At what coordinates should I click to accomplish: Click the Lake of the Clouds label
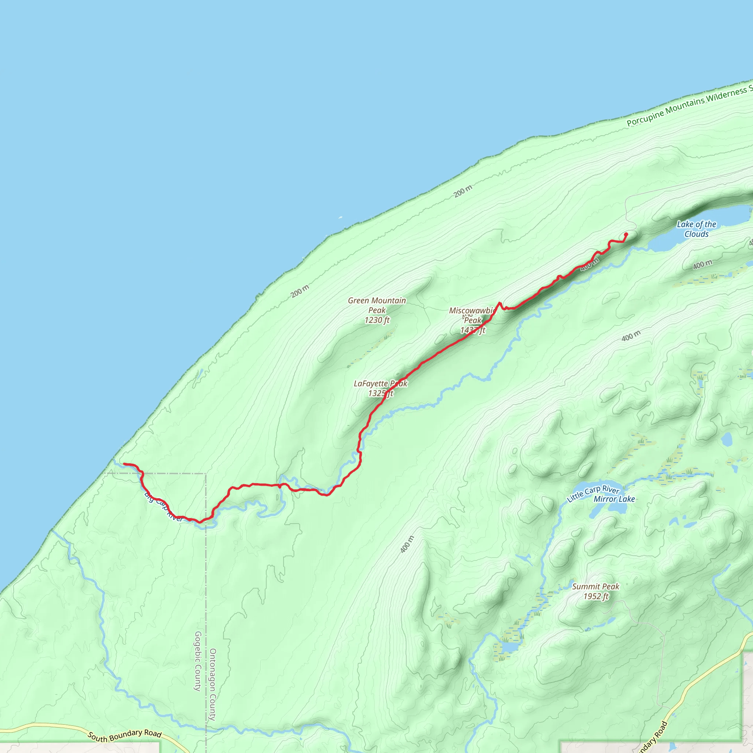(x=696, y=229)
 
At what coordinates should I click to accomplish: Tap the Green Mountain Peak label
(x=376, y=305)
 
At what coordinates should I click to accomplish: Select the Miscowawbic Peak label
(x=472, y=315)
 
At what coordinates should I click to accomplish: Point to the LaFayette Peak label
(x=380, y=384)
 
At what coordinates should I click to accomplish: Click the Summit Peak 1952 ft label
(x=595, y=591)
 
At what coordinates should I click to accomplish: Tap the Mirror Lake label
(x=614, y=499)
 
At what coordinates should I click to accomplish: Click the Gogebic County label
(x=197, y=661)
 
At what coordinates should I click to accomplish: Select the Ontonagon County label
(x=213, y=684)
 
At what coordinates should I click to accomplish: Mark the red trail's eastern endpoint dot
(x=626, y=234)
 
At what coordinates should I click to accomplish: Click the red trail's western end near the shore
(x=124, y=464)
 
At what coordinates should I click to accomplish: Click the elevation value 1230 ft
(x=376, y=320)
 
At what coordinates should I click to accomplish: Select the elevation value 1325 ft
(x=381, y=394)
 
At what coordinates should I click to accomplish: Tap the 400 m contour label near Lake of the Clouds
(x=702, y=265)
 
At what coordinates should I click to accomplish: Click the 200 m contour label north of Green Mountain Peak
(x=300, y=291)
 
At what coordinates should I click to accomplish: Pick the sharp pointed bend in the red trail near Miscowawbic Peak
(x=499, y=303)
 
